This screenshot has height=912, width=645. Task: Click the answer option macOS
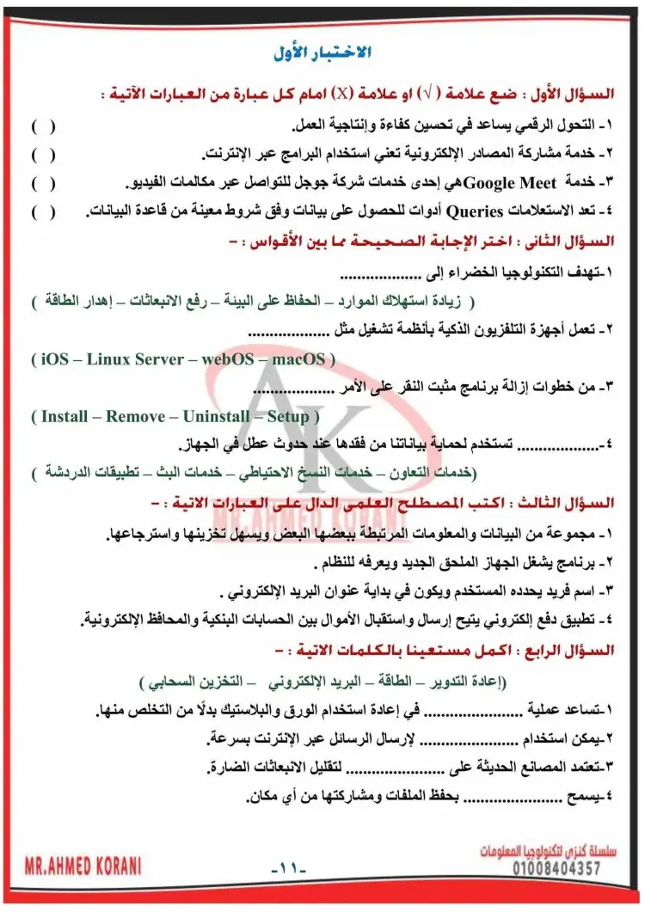tap(298, 359)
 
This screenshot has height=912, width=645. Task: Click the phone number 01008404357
tap(543, 869)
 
